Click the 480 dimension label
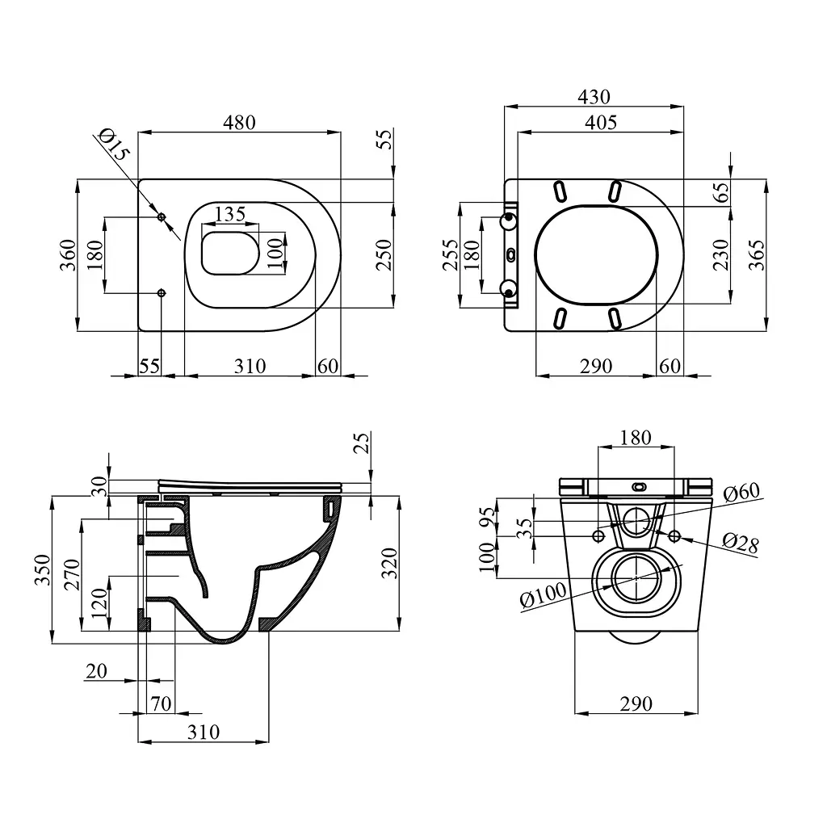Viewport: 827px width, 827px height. point(239,123)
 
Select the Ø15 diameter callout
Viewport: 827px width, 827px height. point(113,144)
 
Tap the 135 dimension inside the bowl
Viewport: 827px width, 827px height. point(230,213)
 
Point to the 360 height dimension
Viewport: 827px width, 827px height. point(68,255)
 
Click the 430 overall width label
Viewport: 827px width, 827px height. point(594,97)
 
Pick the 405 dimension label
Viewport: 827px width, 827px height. point(601,123)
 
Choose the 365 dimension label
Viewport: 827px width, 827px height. point(756,255)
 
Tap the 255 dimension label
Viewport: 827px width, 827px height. point(450,255)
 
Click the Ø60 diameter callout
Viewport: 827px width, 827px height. point(741,492)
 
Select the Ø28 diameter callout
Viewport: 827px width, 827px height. point(740,544)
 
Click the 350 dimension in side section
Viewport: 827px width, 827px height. point(42,569)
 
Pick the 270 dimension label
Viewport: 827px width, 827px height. point(71,574)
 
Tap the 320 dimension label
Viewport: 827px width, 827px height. point(389,563)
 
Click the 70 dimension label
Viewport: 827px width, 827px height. point(161,703)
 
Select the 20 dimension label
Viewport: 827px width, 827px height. point(96,671)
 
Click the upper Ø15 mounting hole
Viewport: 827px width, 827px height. point(162,216)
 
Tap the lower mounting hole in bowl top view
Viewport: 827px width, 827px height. point(162,292)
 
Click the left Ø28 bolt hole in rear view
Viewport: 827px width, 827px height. point(598,536)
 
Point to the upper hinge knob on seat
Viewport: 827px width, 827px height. point(509,221)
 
